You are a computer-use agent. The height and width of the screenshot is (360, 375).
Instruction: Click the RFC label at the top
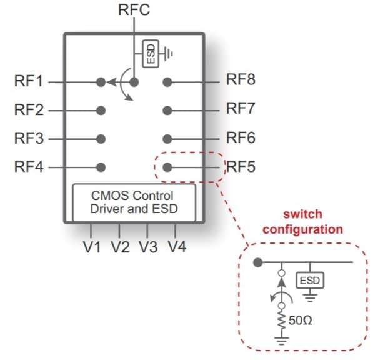(x=134, y=10)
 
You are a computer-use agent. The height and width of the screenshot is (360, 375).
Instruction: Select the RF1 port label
(x=29, y=81)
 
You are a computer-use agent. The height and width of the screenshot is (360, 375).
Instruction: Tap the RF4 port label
(x=29, y=167)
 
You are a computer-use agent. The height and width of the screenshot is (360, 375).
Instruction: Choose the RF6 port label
(x=241, y=137)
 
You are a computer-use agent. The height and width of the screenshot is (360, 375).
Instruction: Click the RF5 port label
(x=241, y=167)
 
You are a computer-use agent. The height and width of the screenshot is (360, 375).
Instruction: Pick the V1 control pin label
(x=92, y=247)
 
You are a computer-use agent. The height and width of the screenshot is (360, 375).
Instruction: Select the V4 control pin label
(x=177, y=247)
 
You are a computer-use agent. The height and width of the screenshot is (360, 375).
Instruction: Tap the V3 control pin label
(x=148, y=247)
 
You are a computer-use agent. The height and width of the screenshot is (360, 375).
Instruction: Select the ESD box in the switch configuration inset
(x=309, y=281)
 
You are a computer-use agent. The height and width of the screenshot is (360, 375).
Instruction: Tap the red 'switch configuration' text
(x=302, y=222)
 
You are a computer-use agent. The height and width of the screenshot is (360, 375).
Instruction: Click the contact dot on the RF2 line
(x=101, y=110)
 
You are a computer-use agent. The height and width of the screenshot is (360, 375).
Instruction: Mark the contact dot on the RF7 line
(x=167, y=110)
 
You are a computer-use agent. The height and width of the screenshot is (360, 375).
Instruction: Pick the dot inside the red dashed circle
(x=167, y=167)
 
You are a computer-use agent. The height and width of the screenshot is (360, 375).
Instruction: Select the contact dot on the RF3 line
(x=101, y=138)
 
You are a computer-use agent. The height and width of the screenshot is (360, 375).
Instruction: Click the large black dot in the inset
(x=257, y=262)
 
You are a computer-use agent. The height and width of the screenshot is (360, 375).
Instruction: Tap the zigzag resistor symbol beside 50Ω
(x=281, y=321)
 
